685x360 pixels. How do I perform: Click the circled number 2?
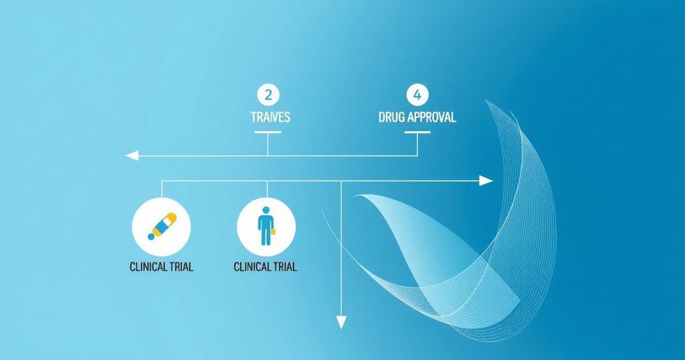coord(268,95)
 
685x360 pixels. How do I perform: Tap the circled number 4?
coord(417,95)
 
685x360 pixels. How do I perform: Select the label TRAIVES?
coord(270,117)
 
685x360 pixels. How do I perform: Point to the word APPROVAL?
coord(431,117)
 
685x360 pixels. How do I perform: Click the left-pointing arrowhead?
coord(132,155)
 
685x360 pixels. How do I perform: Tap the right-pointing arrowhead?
coord(486,181)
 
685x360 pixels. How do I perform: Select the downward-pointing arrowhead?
coord(341,323)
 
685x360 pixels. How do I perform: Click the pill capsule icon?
coord(163,226)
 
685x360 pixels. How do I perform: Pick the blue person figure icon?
coord(266,226)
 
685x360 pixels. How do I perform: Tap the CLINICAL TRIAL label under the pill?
coord(161,266)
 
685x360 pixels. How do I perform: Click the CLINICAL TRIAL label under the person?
coord(265,266)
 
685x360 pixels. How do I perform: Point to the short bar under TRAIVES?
coord(268,132)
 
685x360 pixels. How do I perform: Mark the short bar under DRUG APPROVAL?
coord(417,132)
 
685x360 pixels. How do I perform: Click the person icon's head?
coord(265,211)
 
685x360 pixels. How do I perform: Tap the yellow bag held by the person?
coord(274,232)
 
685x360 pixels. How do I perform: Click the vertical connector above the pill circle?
coord(162,189)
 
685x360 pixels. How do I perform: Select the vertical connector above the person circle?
coord(267,189)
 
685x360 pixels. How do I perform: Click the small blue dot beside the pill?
coord(151,236)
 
